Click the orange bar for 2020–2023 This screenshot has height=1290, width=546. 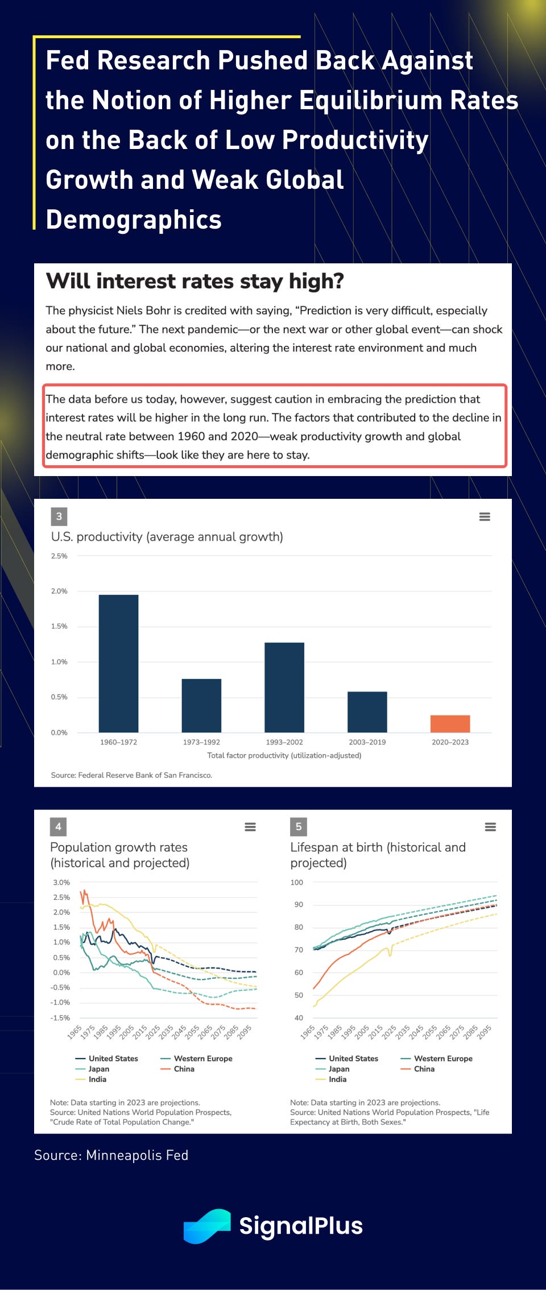[x=450, y=723]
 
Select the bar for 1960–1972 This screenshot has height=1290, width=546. [x=118, y=663]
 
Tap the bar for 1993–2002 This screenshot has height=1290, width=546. [x=284, y=687]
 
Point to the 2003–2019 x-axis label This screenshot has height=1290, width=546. [x=367, y=742]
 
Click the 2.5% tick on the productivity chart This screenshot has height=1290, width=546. [x=59, y=556]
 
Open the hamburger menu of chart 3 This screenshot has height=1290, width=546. [x=485, y=516]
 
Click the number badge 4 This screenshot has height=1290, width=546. [x=58, y=826]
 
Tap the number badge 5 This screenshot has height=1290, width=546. [x=299, y=826]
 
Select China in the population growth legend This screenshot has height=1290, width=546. [x=184, y=1069]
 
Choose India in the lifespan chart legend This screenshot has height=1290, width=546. [x=337, y=1079]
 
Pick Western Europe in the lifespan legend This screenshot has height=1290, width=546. [x=443, y=1059]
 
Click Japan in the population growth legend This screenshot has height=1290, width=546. [x=98, y=1069]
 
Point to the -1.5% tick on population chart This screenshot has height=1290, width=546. [x=60, y=1018]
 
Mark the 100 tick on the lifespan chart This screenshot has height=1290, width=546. [x=297, y=882]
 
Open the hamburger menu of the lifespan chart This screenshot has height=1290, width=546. [x=490, y=827]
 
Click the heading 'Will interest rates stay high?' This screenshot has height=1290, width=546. [x=195, y=281]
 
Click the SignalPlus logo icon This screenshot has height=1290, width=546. [x=207, y=1226]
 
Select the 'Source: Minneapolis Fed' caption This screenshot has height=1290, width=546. [x=111, y=1155]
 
